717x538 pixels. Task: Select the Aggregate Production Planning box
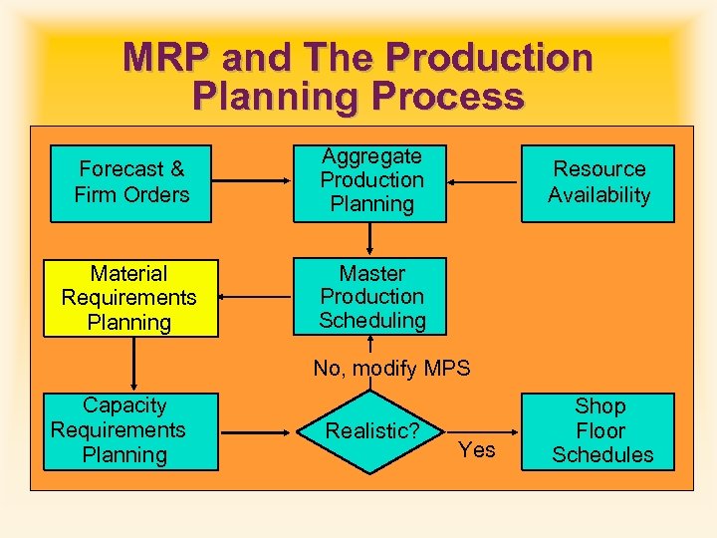click(371, 181)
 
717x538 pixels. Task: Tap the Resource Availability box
click(598, 182)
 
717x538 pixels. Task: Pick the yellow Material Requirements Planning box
click(129, 298)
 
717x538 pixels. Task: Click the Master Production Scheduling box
click(371, 297)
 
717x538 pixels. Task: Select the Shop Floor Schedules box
click(602, 431)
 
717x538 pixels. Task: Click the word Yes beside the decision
click(477, 450)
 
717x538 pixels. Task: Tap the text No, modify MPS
click(391, 369)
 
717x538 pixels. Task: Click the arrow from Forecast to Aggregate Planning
click(253, 182)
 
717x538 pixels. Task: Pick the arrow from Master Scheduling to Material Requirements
click(256, 297)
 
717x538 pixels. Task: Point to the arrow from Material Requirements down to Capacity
click(131, 364)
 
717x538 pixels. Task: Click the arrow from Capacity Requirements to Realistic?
click(258, 431)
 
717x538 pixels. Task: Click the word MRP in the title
click(164, 57)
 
